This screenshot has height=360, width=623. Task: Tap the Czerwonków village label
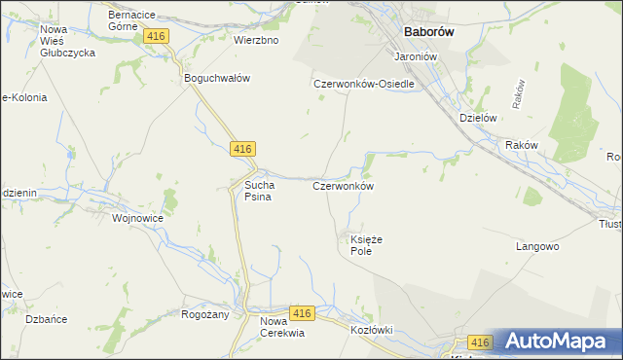344,185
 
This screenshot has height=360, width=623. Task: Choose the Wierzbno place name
256,41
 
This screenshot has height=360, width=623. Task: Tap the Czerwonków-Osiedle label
364,84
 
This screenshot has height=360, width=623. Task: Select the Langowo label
536,247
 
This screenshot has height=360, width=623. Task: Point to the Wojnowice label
137,219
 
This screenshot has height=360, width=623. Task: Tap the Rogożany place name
204,314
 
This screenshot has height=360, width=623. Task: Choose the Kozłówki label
371,330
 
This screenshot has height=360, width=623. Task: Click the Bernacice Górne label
134,21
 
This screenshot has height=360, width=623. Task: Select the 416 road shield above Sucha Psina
243,148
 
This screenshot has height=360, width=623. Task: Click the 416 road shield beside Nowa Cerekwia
302,313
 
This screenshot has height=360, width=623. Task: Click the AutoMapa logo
557,341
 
